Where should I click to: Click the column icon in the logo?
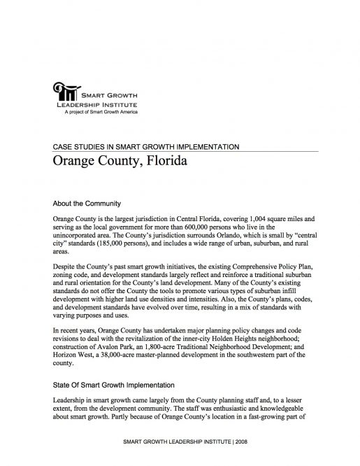pyautogui.click(x=64, y=92)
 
